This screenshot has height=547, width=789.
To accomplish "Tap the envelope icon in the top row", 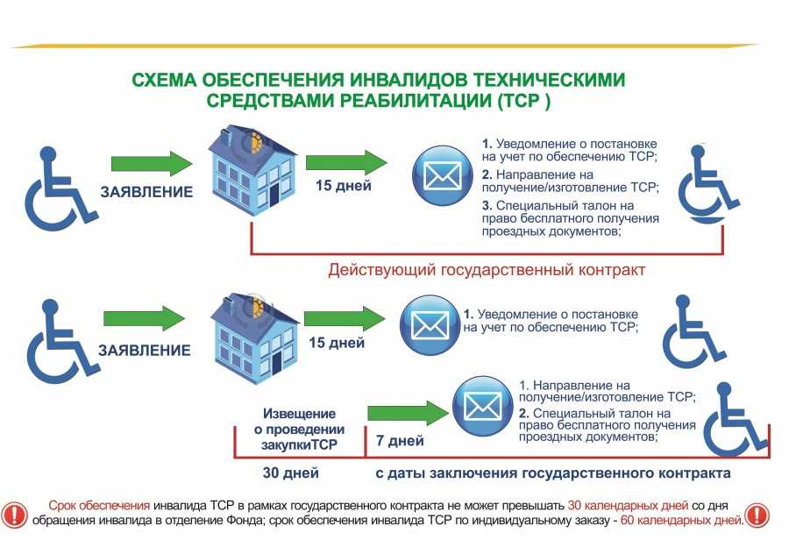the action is point(443,176).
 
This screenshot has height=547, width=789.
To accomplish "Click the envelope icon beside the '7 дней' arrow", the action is point(482,406).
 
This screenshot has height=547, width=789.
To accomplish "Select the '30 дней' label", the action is point(291,473).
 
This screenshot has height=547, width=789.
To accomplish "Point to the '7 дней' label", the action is point(400,441).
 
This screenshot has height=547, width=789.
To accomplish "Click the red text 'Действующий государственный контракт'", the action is point(487,270).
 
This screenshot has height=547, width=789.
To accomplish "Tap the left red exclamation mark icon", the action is point(14,515).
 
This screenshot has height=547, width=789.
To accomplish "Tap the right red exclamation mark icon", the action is point(757,515).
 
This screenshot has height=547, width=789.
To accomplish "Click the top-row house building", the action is point(252,170).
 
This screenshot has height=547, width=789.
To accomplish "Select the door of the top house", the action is point(274,195).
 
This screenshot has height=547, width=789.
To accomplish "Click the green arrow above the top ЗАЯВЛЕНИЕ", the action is point(152,164).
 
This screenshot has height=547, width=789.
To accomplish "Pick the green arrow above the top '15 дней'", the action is point(346,162).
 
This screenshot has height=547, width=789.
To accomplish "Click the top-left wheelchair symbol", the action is point(60,188).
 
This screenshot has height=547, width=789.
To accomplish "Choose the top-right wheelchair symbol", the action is point(708,185).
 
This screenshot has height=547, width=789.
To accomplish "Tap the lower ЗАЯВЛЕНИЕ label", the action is point(145,351).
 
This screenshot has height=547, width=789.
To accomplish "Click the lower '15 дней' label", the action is point(337,343).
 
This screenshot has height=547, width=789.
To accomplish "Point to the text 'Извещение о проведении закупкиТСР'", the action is point(300,430).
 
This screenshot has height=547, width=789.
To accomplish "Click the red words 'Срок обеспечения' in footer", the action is point(99,505).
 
